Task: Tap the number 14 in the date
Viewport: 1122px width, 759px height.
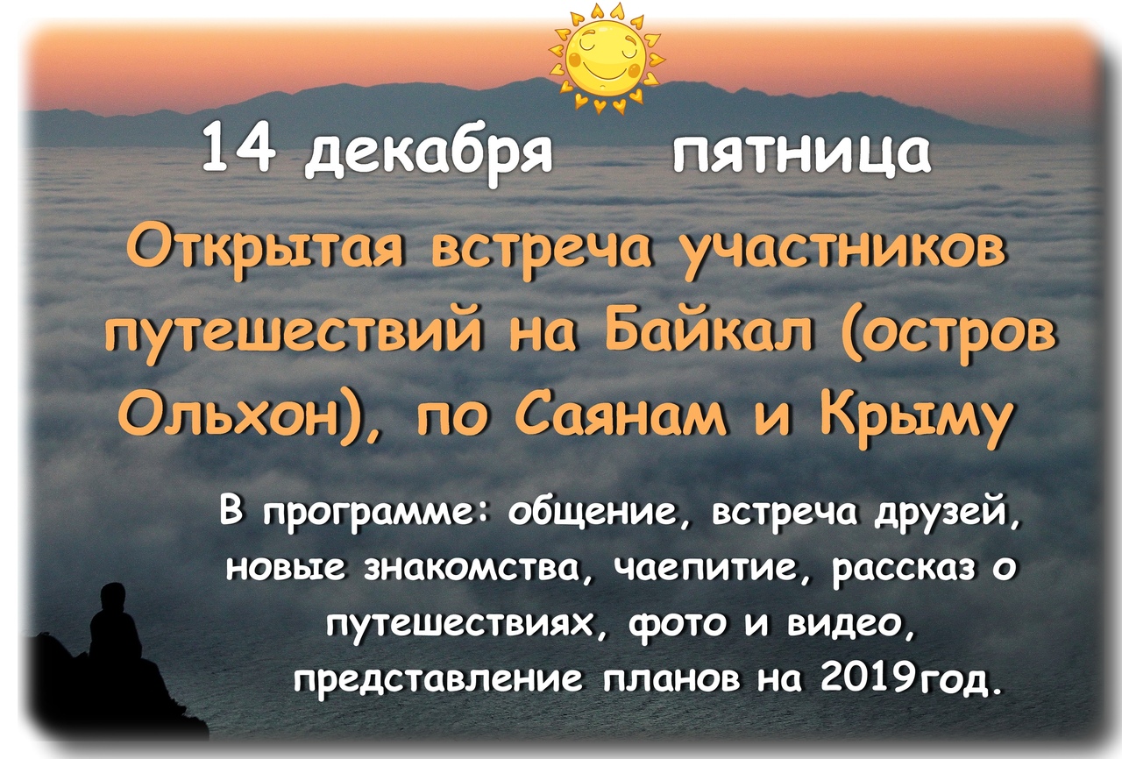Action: pos(239,150)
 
